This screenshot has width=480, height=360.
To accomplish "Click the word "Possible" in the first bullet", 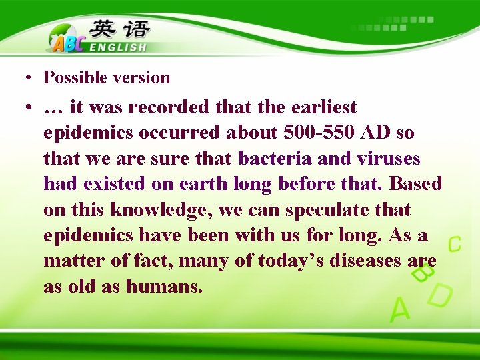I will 72,78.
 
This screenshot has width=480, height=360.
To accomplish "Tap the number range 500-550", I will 319,133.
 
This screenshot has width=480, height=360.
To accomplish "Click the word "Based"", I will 415,184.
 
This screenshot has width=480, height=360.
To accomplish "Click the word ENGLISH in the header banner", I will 118,47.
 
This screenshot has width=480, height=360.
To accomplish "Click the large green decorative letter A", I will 401,309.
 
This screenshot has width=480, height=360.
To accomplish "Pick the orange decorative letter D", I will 439,295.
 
